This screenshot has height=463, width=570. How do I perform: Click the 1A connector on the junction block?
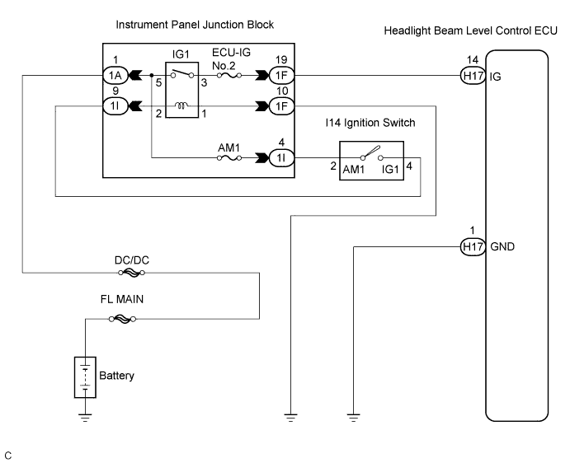pos(114,75)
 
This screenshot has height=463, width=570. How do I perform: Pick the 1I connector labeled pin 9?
pos(114,105)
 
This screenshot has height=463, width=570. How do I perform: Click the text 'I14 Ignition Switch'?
pos(370,123)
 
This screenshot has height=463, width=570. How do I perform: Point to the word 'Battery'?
pos(116,376)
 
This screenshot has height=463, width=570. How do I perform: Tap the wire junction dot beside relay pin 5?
pos(152,75)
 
